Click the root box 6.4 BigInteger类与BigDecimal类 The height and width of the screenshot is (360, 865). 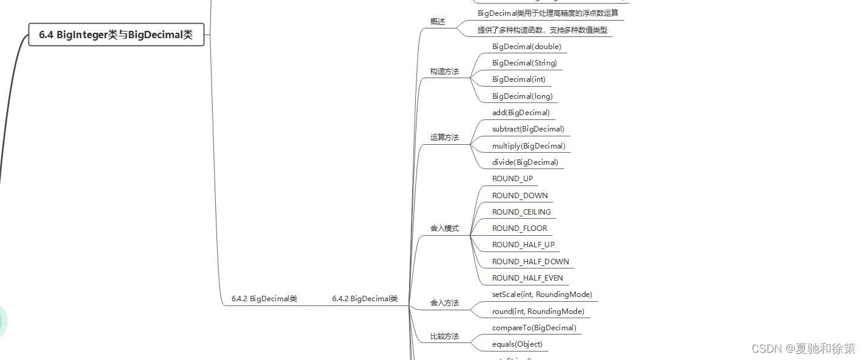tap(116, 35)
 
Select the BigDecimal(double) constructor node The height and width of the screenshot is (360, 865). tap(526, 47)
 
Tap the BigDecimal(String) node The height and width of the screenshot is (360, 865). tap(524, 63)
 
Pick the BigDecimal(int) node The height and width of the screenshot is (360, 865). tap(518, 79)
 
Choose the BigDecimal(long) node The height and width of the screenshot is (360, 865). tap(522, 96)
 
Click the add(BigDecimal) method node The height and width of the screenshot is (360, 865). tap(521, 113)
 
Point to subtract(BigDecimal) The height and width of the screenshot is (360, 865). tap(528, 129)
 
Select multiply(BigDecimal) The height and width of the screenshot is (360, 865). tap(529, 146)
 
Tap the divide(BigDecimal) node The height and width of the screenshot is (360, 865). tap(525, 162)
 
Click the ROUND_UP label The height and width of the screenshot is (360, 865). tap(512, 179)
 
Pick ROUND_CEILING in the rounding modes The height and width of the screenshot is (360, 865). tap(521, 212)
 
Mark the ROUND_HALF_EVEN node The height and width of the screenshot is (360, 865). tap(527, 278)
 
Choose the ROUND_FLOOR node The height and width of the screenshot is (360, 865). tap(519, 228)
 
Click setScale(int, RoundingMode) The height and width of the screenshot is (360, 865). tap(542, 295)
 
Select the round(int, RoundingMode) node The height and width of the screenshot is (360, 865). tap(538, 312)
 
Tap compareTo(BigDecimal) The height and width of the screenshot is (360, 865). tap(534, 328)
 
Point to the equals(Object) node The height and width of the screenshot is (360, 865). tap(517, 344)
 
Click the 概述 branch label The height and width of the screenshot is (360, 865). tap(437, 22)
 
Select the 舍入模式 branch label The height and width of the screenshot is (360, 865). tap(444, 228)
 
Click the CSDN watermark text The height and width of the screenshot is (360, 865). tap(803, 348)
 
